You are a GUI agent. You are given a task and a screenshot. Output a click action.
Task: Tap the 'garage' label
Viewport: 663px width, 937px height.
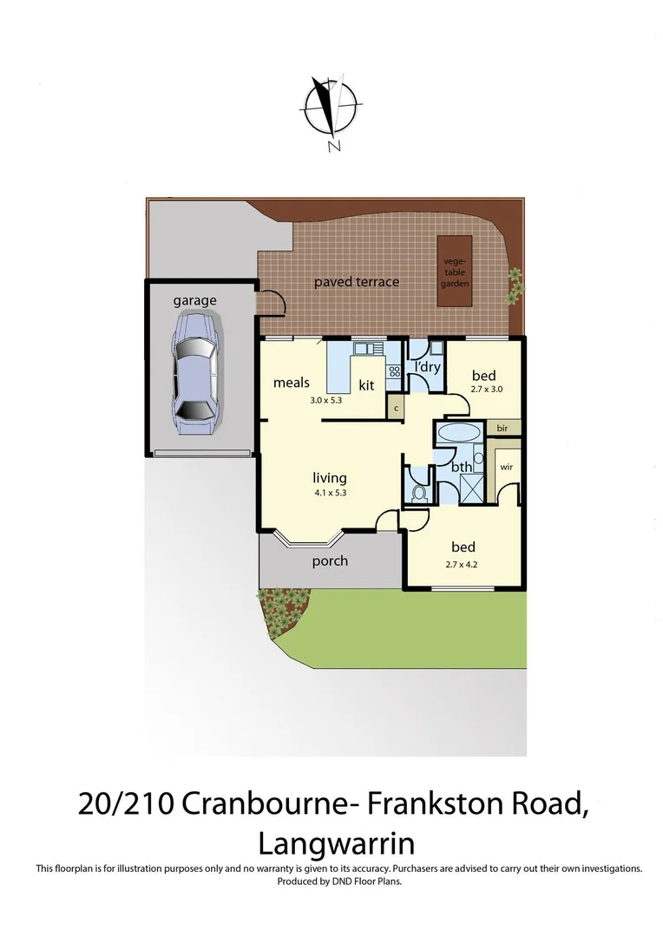(x=194, y=300)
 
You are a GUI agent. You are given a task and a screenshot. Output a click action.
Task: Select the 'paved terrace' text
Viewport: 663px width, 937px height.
(x=357, y=282)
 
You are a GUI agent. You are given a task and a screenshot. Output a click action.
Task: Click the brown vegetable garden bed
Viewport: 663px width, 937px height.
(x=456, y=270)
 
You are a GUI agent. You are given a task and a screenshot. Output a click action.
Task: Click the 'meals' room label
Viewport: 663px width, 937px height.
(x=292, y=382)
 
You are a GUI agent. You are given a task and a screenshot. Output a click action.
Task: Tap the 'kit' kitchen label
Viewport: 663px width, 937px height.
(x=367, y=384)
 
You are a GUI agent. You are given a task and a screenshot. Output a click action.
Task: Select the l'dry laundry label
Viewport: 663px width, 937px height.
(x=425, y=367)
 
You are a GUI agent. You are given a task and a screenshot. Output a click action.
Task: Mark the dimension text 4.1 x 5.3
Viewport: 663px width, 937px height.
(x=330, y=492)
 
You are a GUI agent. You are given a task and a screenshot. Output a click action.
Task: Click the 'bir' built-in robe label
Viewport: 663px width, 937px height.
(x=502, y=429)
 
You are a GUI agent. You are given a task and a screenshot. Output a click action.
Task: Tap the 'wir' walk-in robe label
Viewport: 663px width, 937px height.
(x=508, y=466)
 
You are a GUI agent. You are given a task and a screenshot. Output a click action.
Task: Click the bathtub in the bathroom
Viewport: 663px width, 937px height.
(x=458, y=434)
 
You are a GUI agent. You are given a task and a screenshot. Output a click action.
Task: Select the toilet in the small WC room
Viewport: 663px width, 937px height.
(x=419, y=492)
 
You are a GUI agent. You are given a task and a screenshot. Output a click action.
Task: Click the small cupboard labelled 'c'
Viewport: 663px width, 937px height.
(x=395, y=408)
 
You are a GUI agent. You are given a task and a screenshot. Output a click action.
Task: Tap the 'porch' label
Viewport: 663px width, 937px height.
(x=330, y=560)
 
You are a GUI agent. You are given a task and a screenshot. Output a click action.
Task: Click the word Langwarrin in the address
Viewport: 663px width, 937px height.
(x=336, y=843)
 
